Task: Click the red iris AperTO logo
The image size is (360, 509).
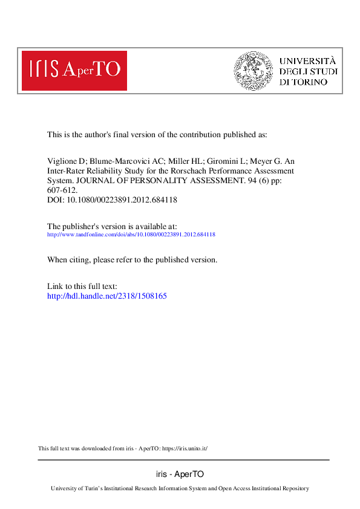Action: point(74,70)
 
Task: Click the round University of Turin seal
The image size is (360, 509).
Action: point(254,71)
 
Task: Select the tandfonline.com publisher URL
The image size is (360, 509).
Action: point(131,234)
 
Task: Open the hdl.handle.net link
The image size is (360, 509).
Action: point(106,296)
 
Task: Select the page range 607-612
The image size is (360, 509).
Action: point(62,189)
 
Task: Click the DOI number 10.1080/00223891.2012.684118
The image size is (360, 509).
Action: point(120,198)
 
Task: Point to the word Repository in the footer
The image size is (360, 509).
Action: point(294,488)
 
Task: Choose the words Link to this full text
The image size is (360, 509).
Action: point(82,286)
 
